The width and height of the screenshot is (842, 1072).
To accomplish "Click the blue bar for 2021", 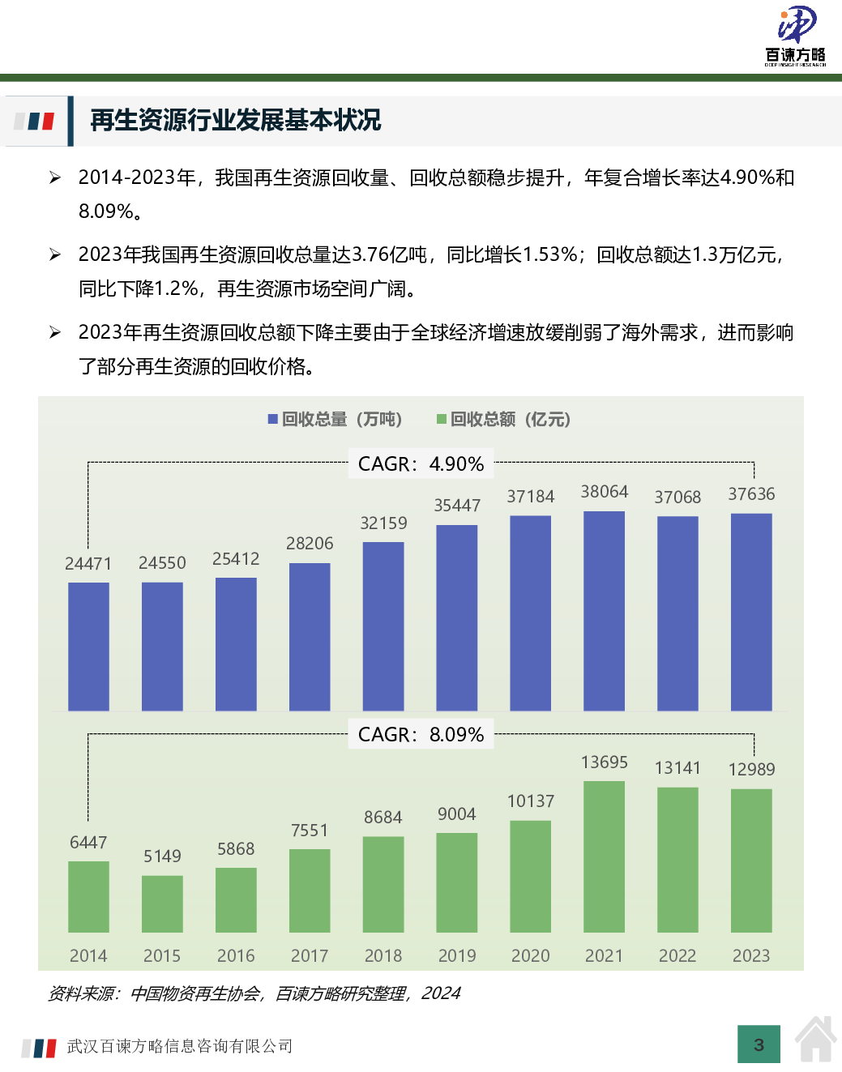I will point(604,611).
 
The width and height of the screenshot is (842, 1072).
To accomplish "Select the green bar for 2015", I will point(162,903).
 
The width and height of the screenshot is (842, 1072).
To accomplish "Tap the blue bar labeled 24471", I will point(88,647).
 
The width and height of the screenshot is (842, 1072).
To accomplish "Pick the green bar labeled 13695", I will point(604,856).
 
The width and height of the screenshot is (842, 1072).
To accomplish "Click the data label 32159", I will point(383,523).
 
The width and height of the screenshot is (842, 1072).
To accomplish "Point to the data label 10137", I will point(531,801).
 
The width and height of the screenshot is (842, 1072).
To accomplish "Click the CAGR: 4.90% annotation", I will point(421,464).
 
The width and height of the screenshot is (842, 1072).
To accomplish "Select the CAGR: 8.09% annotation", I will point(421,735).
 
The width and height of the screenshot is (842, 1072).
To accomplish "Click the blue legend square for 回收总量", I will point(273,419).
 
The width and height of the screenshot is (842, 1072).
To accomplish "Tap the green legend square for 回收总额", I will point(442,419).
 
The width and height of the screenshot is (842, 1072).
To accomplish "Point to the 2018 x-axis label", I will point(383,956).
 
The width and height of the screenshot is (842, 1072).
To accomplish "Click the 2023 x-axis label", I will point(751,956).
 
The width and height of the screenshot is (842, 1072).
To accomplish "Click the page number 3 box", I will point(759,1044).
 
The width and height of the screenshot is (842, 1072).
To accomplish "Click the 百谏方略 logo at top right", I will point(796,35).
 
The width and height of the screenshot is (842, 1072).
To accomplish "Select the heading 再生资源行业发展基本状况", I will point(235,121).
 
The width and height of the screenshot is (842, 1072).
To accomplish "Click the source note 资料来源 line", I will point(254,993).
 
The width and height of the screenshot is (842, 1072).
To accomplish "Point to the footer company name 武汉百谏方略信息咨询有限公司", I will point(180,1047).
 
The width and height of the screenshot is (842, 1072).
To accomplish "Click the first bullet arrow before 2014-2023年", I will point(55,177).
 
